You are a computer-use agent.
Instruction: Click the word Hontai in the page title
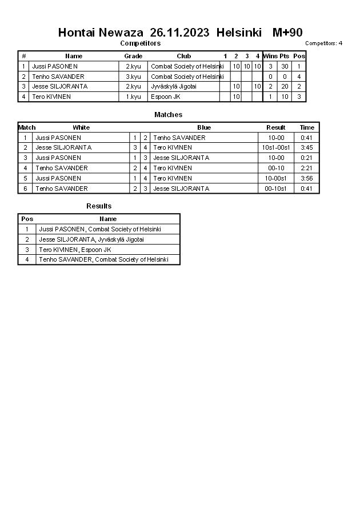[77, 33]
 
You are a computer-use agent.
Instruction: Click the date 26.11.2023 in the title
[179, 33]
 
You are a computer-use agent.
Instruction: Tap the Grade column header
[133, 56]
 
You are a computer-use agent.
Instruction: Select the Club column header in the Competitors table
[183, 56]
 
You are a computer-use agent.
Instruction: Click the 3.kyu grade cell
[133, 77]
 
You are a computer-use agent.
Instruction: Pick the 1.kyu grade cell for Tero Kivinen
[133, 97]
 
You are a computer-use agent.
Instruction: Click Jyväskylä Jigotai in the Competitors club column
[174, 87]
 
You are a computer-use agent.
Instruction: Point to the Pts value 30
[285, 66]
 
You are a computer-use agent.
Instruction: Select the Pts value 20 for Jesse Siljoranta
[285, 87]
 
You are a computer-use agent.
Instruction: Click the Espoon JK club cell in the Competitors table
[165, 97]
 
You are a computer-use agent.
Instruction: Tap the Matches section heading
[169, 115]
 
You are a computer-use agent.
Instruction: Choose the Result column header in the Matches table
[276, 127]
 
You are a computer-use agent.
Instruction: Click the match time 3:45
[307, 147]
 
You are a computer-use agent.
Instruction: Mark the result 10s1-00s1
[276, 147]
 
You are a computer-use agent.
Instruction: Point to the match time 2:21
[307, 168]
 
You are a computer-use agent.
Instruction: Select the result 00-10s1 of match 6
[276, 189]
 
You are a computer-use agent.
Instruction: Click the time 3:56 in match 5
[307, 178]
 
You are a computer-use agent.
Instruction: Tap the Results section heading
[99, 206]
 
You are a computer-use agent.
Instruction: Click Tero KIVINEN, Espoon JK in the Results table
[75, 250]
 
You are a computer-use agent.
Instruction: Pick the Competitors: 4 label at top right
[323, 43]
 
